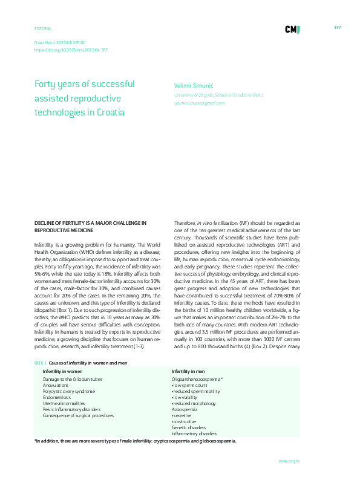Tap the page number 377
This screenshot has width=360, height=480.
coord(338,28)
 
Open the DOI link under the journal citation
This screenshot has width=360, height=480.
coord(68,50)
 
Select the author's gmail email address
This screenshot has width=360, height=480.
coord(199,103)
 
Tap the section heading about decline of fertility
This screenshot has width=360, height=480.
coord(90,226)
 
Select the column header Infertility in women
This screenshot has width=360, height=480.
coord(64,371)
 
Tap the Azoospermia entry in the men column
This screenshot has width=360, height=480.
coord(184,408)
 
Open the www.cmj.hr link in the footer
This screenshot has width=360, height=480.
coord(289,461)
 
